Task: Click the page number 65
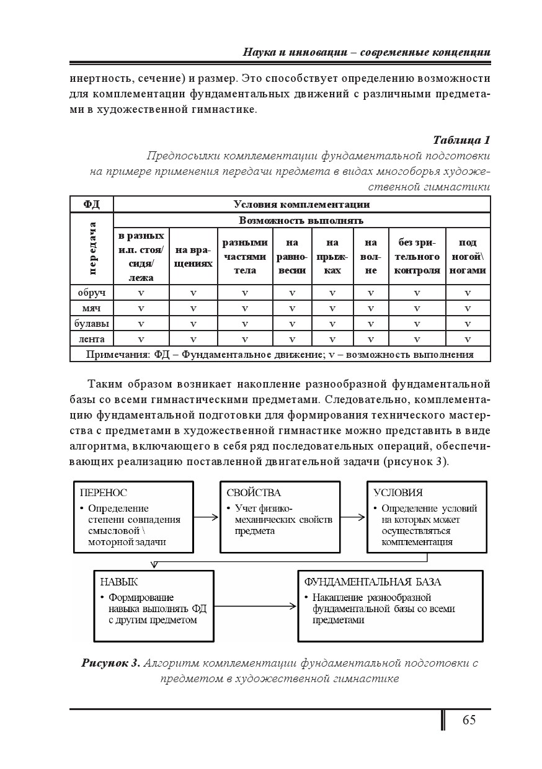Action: pos(469,719)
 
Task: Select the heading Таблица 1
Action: pos(461,139)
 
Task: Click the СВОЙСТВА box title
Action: pos(254,492)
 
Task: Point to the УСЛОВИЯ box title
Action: pos(398,492)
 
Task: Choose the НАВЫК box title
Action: pos(119,582)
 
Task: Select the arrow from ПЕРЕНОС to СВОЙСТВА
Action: pos(207,516)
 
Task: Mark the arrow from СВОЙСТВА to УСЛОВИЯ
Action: pos(353,516)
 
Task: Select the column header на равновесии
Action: pos(292,257)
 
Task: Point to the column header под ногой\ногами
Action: pos(468,257)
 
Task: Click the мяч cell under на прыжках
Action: pos(332,308)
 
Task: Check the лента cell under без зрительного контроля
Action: pos(417,339)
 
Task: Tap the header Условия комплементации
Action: pos(301,204)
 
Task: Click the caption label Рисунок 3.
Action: pos(111,663)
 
